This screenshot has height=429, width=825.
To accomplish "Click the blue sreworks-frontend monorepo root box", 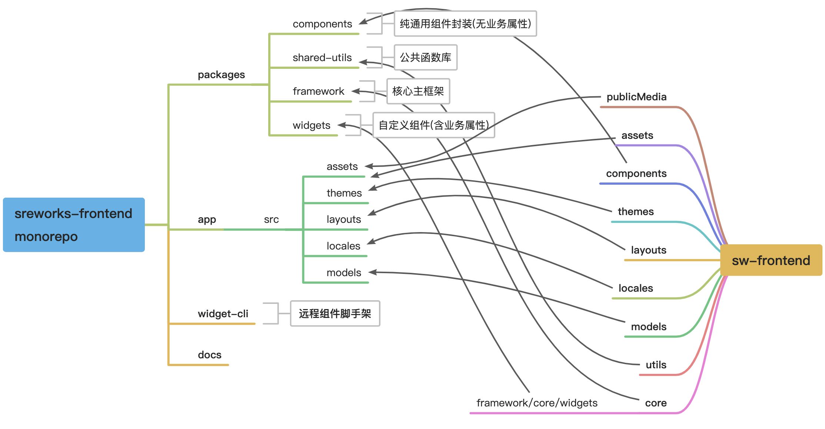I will pos(74,225).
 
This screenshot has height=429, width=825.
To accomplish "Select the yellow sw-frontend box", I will pos(771,260).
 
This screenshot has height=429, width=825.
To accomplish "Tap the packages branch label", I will pos(221,75).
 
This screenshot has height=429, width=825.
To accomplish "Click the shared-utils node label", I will pos(322,58).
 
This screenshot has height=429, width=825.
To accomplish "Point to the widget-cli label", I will pos(223,314).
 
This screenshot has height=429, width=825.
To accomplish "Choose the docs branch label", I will pos(210,355).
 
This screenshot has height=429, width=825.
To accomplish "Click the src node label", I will pos(271,219).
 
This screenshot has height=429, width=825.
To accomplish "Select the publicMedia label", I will pos(636,97).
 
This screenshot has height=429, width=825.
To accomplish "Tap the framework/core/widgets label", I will pos(537,403).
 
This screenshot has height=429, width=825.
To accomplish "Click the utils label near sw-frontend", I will pos(656,365).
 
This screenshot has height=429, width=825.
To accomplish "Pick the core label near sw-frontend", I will pos(656,403).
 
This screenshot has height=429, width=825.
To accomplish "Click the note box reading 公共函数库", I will pos(426,57).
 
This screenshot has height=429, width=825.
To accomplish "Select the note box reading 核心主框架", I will pos(418,91).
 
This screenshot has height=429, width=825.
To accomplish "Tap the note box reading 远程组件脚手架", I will pos(335,314).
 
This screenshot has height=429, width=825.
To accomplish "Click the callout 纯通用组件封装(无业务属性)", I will pos(465,24).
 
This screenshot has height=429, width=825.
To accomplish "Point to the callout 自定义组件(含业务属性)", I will pos(433,125).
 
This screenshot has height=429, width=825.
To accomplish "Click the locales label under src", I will pos(343,246).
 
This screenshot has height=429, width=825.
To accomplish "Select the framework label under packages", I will pos(318,91).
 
